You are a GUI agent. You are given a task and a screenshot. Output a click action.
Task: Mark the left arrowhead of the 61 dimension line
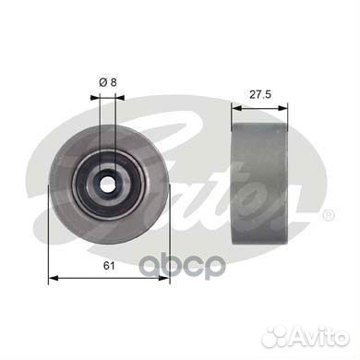point(50,276)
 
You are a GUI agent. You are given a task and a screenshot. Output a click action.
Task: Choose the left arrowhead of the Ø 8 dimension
point(99,93)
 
